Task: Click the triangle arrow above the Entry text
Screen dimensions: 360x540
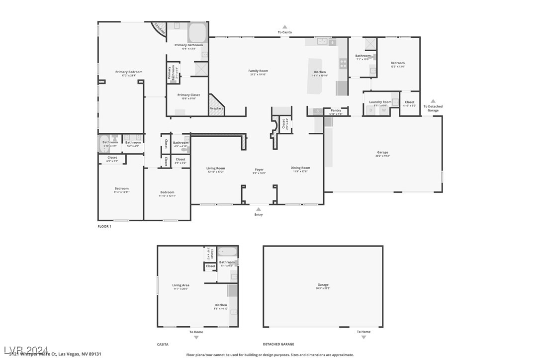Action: click(259, 209)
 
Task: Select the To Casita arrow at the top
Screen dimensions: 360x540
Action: click(285, 27)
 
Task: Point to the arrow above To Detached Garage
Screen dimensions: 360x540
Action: click(433, 101)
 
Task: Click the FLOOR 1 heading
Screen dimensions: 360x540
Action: click(104, 226)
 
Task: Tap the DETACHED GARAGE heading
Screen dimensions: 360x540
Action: click(278, 344)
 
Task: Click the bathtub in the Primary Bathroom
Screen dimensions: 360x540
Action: click(197, 32)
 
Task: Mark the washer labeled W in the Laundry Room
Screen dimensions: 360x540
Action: click(383, 111)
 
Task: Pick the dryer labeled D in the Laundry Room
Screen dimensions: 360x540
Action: click(370, 111)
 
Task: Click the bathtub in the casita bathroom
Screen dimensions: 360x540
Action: click(227, 252)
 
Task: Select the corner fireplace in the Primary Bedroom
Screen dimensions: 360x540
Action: click(159, 28)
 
